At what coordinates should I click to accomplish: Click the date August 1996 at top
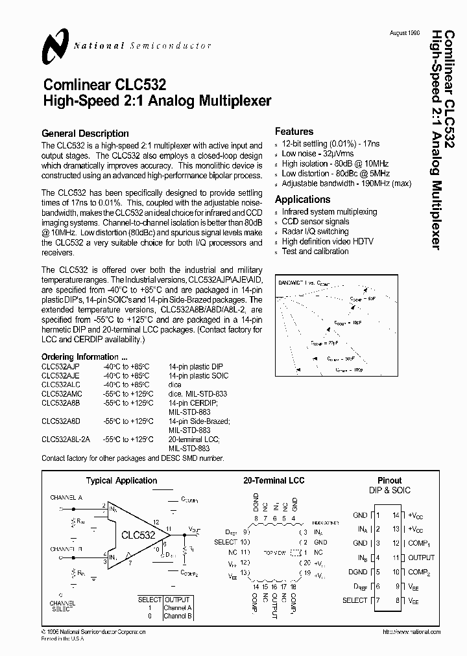(x=404, y=32)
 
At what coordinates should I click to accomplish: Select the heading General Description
(x=85, y=134)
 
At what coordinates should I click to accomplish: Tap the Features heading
(x=294, y=132)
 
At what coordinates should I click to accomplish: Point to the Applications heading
(x=302, y=200)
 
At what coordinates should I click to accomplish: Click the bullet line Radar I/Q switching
(x=315, y=231)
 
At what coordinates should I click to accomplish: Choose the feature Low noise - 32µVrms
(x=318, y=154)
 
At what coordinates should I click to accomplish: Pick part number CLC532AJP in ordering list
(x=60, y=366)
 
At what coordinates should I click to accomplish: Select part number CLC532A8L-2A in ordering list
(x=66, y=439)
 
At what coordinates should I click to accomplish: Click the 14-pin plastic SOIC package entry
(x=198, y=375)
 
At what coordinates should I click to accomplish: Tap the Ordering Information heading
(x=84, y=357)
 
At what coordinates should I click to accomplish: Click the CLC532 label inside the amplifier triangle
(x=138, y=535)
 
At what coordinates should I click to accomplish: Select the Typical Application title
(x=121, y=480)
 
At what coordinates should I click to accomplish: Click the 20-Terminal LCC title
(x=274, y=480)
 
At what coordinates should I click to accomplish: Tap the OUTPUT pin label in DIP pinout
(x=422, y=557)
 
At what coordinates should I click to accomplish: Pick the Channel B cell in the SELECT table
(x=178, y=616)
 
